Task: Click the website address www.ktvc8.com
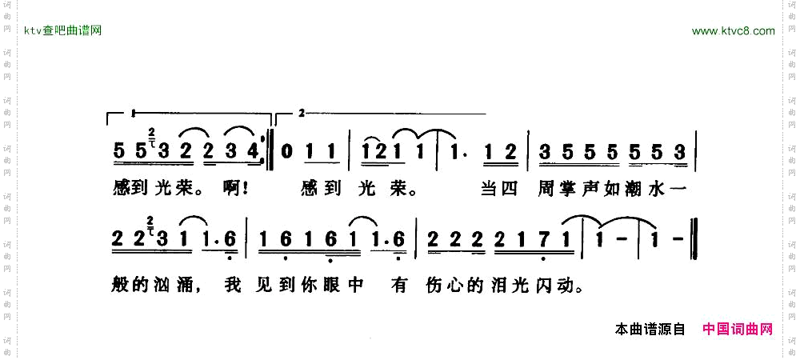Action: click(733, 31)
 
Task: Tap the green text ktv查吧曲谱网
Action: click(63, 31)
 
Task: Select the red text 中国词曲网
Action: click(738, 329)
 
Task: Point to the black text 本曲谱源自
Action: click(650, 329)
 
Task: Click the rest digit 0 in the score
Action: click(289, 150)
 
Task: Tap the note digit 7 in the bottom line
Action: click(544, 239)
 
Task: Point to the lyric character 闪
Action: click(548, 285)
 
